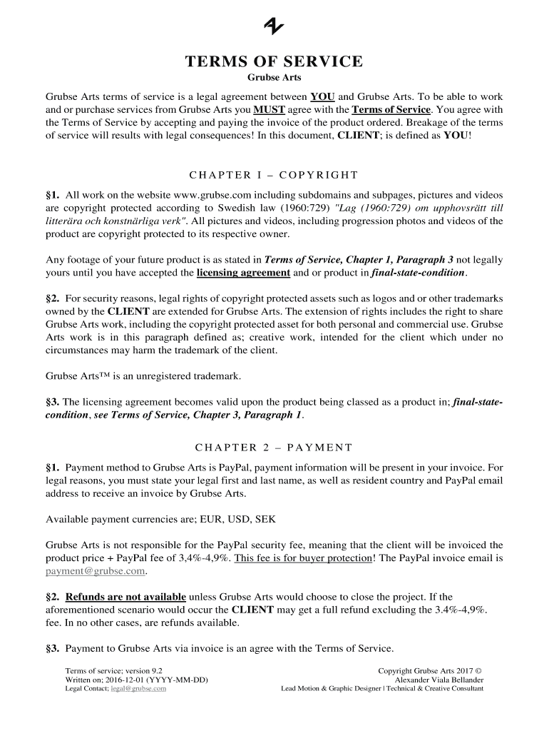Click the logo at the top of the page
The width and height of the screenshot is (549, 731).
[x=274, y=26]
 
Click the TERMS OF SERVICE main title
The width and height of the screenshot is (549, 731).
[x=274, y=62]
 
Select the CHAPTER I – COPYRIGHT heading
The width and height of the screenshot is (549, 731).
[x=274, y=175]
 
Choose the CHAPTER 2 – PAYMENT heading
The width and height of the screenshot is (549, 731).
[x=274, y=448]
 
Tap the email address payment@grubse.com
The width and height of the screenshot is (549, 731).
[x=96, y=571]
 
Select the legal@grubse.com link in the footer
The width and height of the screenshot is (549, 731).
[x=138, y=689]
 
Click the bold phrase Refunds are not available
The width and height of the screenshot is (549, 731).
[x=125, y=597]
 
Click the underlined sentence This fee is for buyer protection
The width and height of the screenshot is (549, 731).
[x=303, y=558]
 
